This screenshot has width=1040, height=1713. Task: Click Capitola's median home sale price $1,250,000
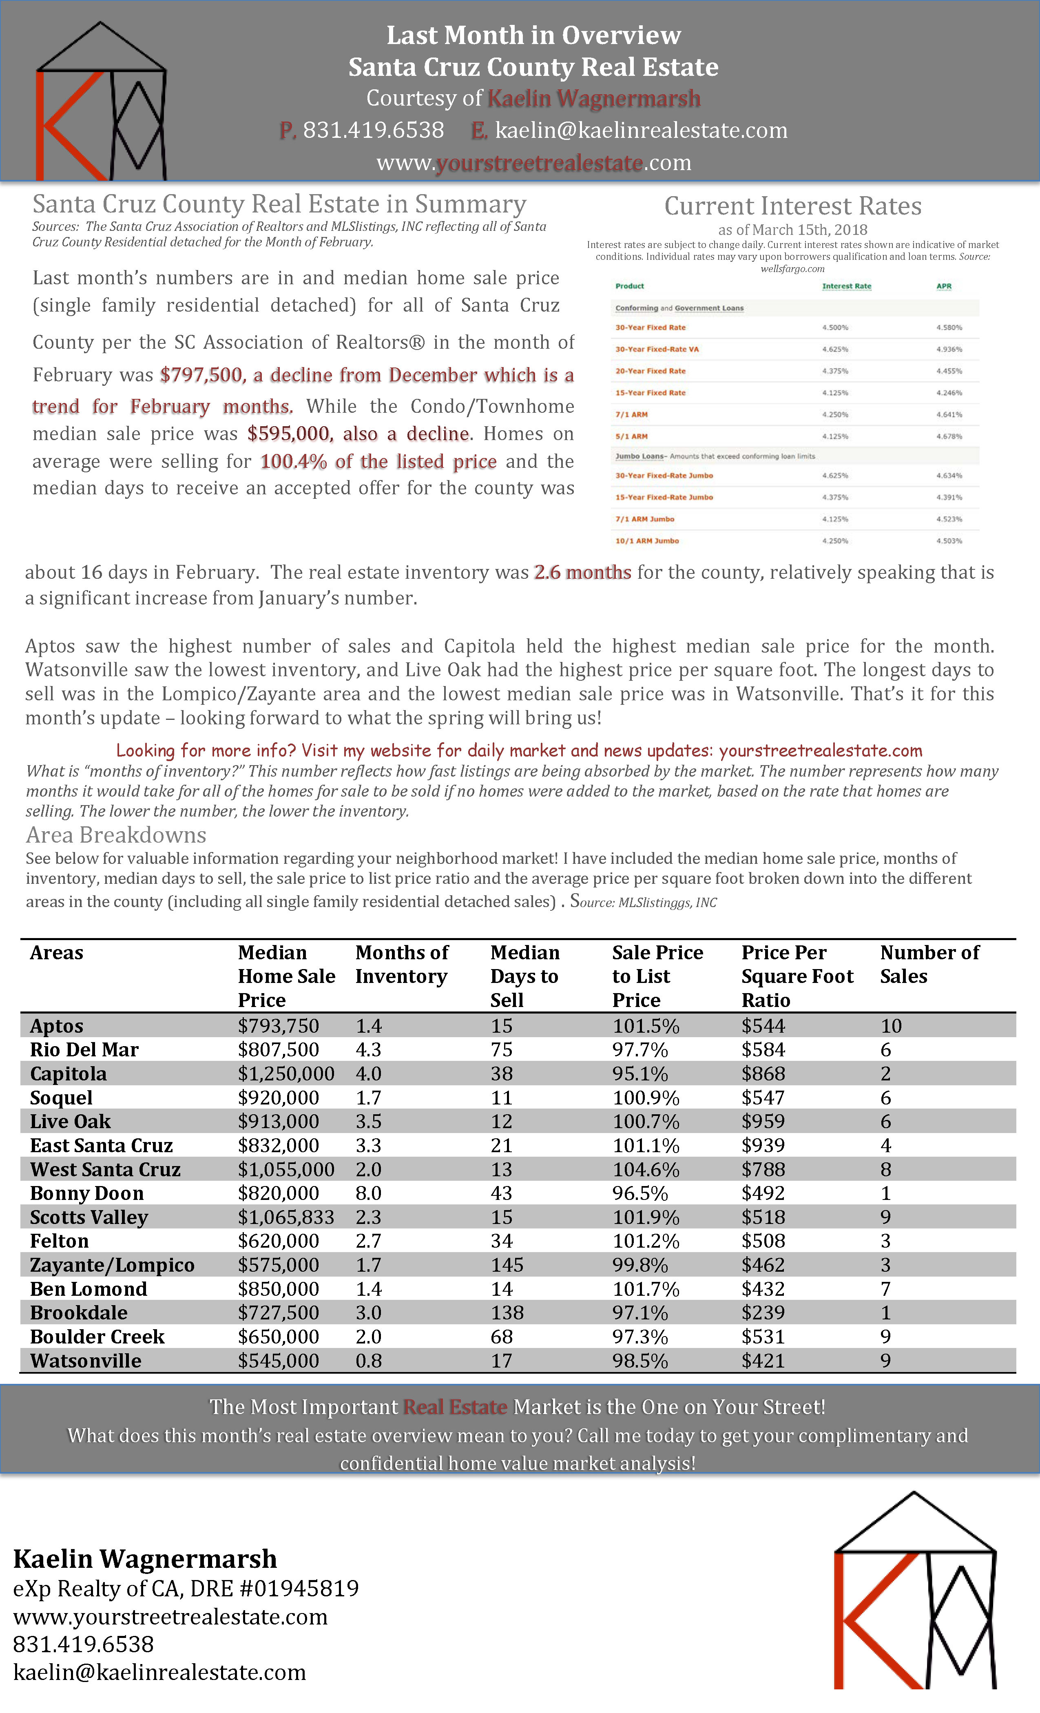(x=286, y=1073)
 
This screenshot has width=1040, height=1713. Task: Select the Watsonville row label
(x=86, y=1361)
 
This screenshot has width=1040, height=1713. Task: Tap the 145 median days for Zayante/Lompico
(x=507, y=1265)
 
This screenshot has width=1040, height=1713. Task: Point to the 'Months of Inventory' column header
(x=402, y=964)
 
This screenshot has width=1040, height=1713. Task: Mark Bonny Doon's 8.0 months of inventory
(x=368, y=1193)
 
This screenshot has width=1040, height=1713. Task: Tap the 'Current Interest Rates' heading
(x=792, y=206)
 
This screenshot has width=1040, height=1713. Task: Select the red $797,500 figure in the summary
(x=201, y=375)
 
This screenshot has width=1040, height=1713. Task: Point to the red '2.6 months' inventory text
(x=582, y=572)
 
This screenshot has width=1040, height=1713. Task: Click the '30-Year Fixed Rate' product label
(x=650, y=328)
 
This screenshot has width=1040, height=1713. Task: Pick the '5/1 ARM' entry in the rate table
(x=631, y=436)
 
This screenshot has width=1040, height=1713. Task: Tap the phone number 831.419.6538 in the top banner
(x=373, y=130)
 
